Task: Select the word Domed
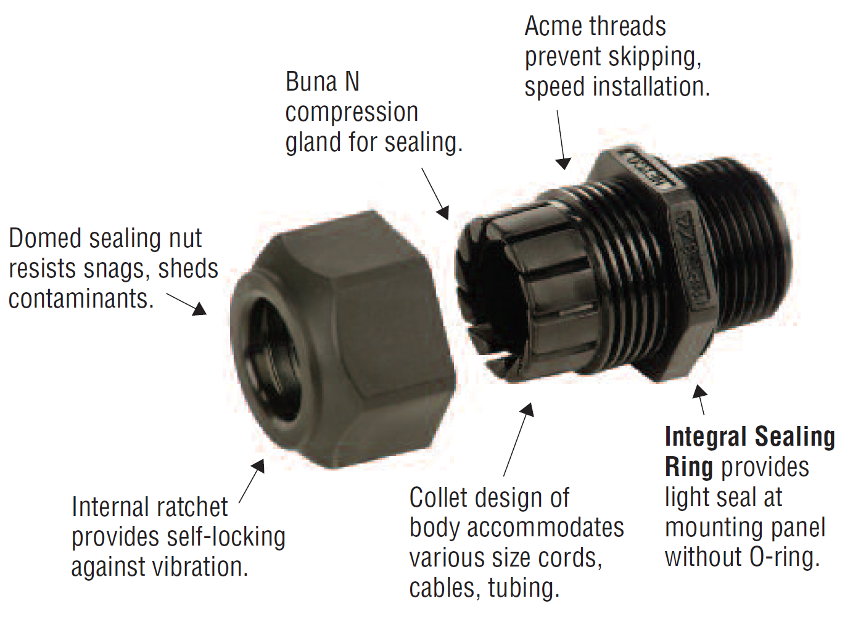tap(45, 238)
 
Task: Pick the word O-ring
tap(785, 557)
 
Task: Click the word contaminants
tap(81, 298)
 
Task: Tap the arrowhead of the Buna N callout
tap(443, 213)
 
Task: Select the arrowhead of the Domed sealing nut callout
tap(200, 309)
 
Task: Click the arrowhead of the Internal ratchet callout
tap(258, 466)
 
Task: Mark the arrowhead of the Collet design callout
tap(527, 411)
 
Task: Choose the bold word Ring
tap(689, 468)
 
